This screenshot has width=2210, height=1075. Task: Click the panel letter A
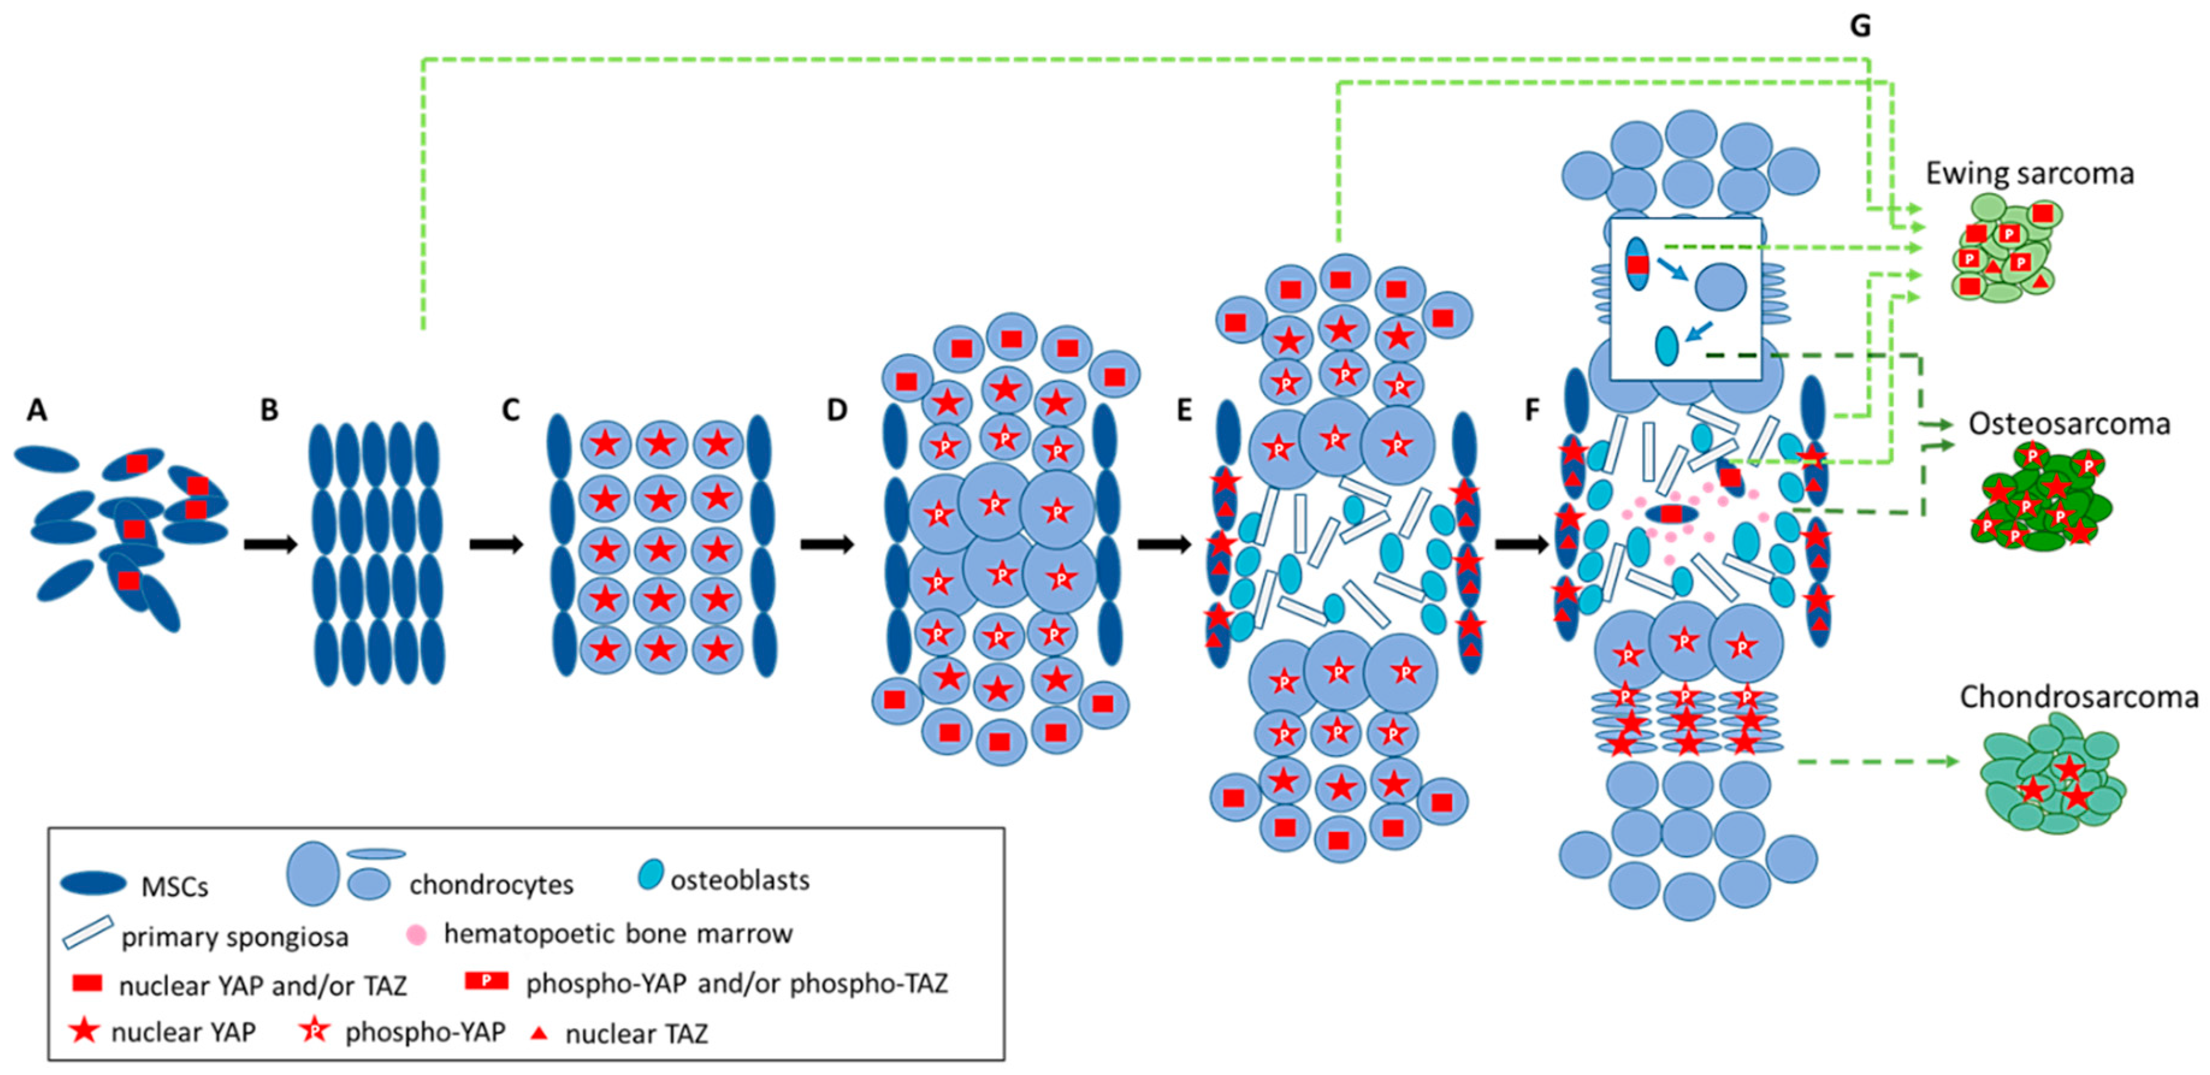pyautogui.click(x=36, y=411)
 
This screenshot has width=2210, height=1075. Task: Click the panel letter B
pyautogui.click(x=270, y=411)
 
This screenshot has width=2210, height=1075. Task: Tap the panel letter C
pyautogui.click(x=510, y=411)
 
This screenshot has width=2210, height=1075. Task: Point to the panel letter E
pyautogui.click(x=1184, y=411)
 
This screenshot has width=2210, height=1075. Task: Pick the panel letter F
pyautogui.click(x=1532, y=411)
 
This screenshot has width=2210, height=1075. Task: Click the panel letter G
pyautogui.click(x=1860, y=26)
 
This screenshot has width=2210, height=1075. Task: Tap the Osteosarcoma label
pyautogui.click(x=2069, y=424)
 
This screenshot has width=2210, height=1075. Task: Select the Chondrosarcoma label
pyautogui.click(x=2078, y=697)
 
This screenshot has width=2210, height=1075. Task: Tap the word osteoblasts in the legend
pyautogui.click(x=739, y=880)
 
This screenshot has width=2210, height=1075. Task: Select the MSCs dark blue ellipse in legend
pyautogui.click(x=93, y=883)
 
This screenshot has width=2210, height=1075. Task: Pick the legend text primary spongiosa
pyautogui.click(x=234, y=937)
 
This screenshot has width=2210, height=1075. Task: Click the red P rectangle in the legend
pyautogui.click(x=486, y=981)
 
